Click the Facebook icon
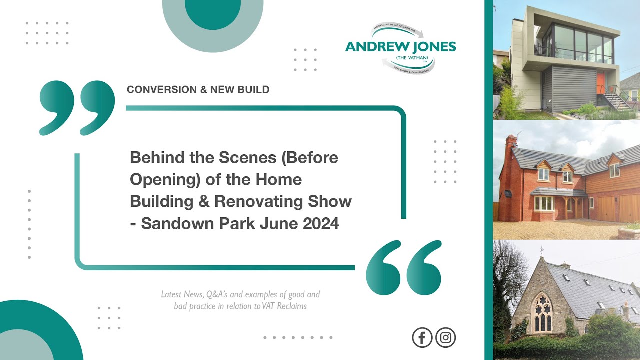[x=422, y=338]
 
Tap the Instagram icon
[x=445, y=338]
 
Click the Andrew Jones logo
[x=401, y=47]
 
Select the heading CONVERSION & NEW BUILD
[x=198, y=90]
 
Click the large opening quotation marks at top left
[x=77, y=108]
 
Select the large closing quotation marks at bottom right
[x=404, y=267]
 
